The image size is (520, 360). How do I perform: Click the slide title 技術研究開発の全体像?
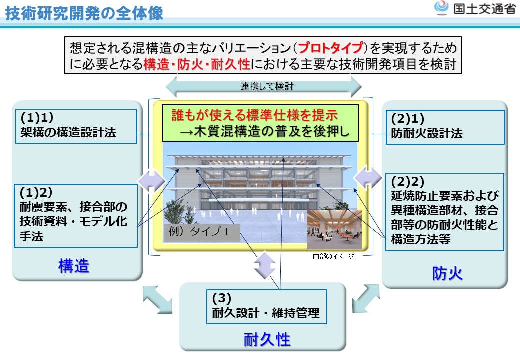coord(85,14)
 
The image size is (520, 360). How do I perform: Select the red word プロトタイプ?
coord(330,48)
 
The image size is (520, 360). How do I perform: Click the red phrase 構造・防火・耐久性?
coord(197,64)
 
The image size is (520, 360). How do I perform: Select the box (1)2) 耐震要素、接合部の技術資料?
coord(75,215)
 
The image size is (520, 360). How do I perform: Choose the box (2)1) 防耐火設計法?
coord(446,127)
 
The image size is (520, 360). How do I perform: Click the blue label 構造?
coord(74,266)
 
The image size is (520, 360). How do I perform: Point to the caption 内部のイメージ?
coord(333,256)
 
